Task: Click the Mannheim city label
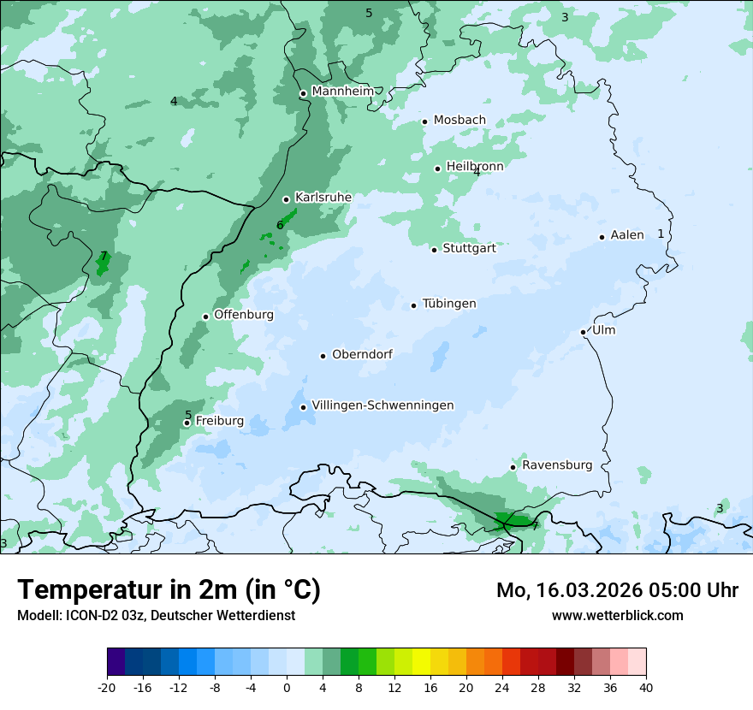pos(342,92)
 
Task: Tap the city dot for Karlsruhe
pos(286,199)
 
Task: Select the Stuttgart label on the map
pos(469,249)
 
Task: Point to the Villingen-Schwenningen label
pos(382,405)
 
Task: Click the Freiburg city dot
pos(187,423)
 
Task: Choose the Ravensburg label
pos(557,465)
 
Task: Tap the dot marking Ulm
pos(583,332)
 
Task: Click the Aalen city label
pos(627,235)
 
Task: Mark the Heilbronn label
pos(475,167)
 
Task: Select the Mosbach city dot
pos(424,121)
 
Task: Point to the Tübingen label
pos(449,304)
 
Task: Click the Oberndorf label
pos(362,354)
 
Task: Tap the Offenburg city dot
pos(205,317)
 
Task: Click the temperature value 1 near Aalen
pos(661,234)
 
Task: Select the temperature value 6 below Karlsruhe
pos(280,226)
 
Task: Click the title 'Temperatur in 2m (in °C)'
pos(169,590)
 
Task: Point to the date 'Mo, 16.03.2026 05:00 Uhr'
pos(617,590)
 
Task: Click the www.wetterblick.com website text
pos(617,616)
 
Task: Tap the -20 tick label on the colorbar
pos(107,688)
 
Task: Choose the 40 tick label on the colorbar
pos(646,688)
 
